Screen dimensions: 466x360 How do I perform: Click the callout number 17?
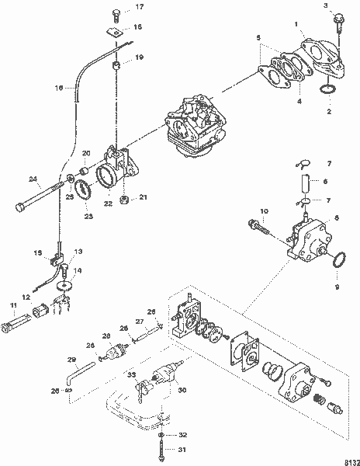point(140,7)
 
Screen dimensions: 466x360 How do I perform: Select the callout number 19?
point(140,58)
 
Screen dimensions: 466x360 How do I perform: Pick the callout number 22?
point(109,203)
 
